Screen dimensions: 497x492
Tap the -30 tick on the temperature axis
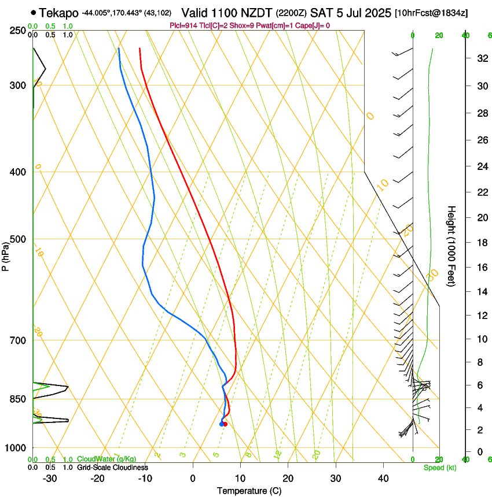click(50, 479)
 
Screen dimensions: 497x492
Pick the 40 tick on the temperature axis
click(383, 479)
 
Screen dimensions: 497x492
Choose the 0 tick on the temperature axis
click(193, 479)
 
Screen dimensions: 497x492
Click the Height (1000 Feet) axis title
click(452, 246)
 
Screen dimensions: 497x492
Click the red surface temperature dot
click(225, 424)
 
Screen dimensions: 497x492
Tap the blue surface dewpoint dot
click(221, 424)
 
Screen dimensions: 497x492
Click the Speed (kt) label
click(439, 468)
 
